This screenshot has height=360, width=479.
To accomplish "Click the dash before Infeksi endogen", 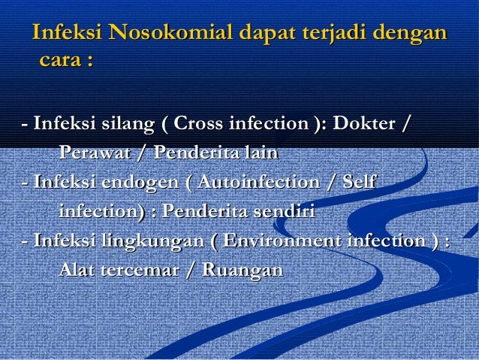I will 26,183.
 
